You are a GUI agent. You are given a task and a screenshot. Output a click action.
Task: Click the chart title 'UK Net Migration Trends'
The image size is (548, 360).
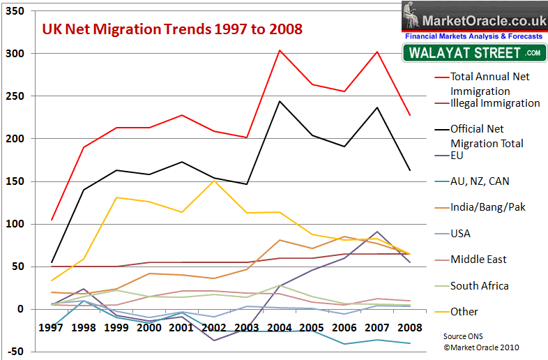(x=172, y=29)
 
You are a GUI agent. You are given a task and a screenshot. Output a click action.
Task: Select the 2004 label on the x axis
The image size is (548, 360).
(x=279, y=327)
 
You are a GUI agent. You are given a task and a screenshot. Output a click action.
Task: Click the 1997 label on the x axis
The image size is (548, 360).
(x=52, y=327)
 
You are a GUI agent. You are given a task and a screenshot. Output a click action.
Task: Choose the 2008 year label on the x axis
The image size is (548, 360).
(x=409, y=327)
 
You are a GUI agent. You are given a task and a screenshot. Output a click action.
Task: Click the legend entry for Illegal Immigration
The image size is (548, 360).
(x=494, y=103)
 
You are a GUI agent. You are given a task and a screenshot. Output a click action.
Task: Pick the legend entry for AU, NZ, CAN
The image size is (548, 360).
(x=479, y=181)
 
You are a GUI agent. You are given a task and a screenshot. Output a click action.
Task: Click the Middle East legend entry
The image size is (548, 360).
(x=478, y=259)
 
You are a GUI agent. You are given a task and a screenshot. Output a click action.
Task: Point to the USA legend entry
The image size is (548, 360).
(x=462, y=233)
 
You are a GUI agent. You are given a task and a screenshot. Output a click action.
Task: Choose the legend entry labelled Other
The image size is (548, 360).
(x=464, y=311)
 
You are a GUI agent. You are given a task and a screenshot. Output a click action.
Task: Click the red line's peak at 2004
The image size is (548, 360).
(x=279, y=50)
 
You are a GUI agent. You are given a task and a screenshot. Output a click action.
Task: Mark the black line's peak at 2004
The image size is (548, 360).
(x=279, y=101)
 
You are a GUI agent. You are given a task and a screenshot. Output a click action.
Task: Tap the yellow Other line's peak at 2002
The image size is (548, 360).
(x=214, y=180)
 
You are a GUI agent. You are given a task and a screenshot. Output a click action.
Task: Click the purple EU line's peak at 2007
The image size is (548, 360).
(x=376, y=232)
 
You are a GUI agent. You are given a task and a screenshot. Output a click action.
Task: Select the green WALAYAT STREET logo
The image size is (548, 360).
(x=473, y=52)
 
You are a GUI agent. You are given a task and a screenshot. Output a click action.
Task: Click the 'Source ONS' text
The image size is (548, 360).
(x=464, y=336)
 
